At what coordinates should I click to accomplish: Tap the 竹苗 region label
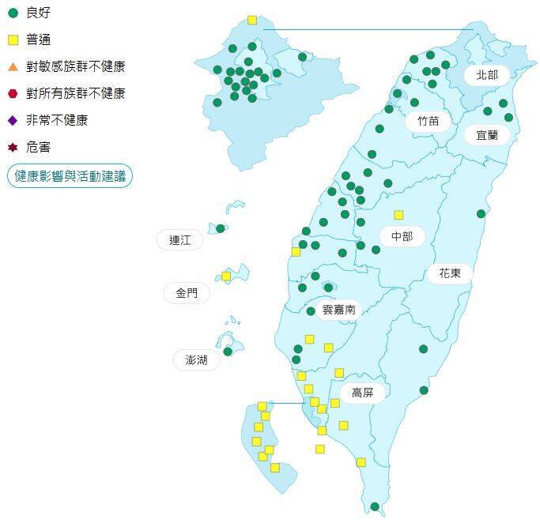click(428, 121)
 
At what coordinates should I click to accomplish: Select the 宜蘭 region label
click(486, 135)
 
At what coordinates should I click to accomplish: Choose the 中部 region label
click(402, 236)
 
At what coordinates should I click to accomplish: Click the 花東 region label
click(450, 273)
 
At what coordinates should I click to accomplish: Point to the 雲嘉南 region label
click(339, 309)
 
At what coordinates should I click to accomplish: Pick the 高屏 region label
click(362, 393)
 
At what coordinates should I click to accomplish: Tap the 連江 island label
click(180, 240)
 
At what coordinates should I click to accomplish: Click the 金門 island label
click(187, 293)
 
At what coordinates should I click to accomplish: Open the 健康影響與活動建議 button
click(70, 176)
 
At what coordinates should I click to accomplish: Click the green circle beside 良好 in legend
click(13, 13)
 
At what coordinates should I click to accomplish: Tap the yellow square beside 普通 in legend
click(13, 40)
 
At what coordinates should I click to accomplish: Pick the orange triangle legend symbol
click(13, 66)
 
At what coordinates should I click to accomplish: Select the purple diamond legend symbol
click(13, 120)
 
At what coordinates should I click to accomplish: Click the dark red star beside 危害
click(13, 147)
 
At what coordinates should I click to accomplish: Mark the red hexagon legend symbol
click(13, 93)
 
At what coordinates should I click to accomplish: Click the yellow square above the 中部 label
click(398, 214)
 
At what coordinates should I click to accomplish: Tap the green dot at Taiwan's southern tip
click(375, 506)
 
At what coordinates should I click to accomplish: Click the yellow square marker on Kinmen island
click(226, 276)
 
